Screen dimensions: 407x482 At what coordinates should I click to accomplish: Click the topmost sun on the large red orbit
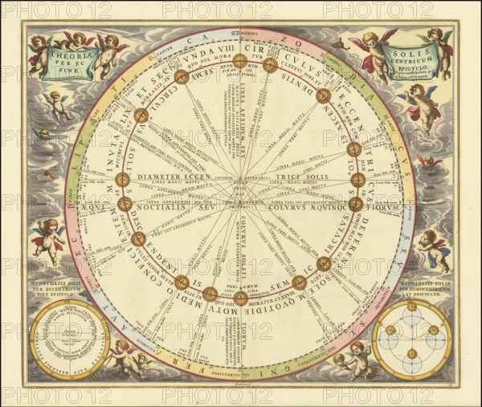(x=240, y=61)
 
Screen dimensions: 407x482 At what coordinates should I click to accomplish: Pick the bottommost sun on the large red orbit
(x=240, y=299)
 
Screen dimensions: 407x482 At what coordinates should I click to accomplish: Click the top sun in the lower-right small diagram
(x=411, y=306)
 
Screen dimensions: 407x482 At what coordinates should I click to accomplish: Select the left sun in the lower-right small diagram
(x=390, y=330)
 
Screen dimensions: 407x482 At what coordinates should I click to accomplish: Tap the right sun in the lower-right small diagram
(x=434, y=330)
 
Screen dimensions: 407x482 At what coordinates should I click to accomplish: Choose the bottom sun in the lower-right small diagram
(x=411, y=353)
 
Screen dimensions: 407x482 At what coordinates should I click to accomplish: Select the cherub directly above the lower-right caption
(x=433, y=249)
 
